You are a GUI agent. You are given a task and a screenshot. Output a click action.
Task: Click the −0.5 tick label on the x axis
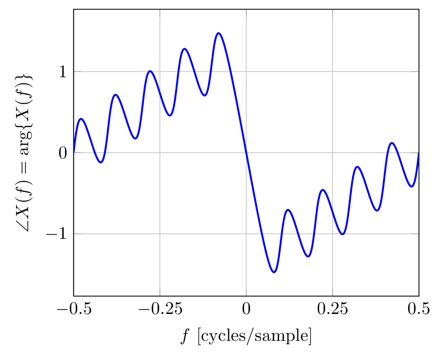point(73,309)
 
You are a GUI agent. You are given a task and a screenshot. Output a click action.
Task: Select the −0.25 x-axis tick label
point(160,309)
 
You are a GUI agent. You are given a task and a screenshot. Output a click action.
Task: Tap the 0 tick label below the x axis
point(246,309)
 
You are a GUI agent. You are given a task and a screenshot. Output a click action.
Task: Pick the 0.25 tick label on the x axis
point(332,309)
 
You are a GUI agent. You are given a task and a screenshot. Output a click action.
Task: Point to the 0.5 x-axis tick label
point(419,309)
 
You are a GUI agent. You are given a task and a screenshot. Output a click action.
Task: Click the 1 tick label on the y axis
point(63,72)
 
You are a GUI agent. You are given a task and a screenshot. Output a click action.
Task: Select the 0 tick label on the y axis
point(63,153)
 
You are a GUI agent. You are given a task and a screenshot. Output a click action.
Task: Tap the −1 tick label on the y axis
point(57,234)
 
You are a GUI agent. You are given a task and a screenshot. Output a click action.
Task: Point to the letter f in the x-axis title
point(184,337)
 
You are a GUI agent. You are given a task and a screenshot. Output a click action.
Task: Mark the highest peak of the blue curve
point(218,33)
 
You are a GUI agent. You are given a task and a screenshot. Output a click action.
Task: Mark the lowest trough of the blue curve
point(274,272)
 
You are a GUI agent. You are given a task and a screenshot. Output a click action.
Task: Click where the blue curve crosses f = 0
point(246,153)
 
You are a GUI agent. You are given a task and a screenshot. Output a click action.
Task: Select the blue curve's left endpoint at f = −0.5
point(74,152)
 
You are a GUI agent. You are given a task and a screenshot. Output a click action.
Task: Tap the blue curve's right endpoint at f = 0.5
point(419,153)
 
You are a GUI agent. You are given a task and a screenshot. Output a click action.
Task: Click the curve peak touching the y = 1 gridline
point(150,71)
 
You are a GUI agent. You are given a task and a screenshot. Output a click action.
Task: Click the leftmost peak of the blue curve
point(81,119)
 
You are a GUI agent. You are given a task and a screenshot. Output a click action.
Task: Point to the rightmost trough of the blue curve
point(411,187)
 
